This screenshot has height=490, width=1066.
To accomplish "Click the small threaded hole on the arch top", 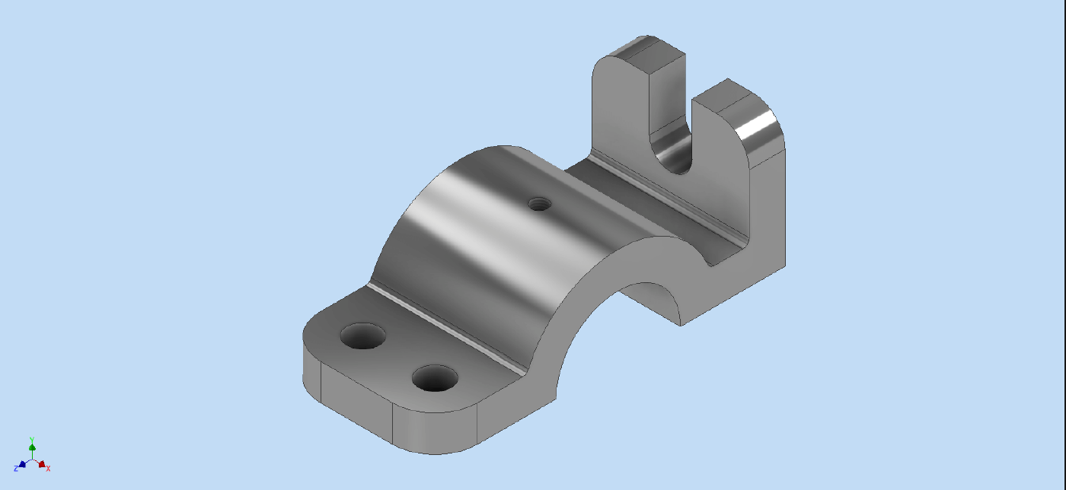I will click(x=540, y=203).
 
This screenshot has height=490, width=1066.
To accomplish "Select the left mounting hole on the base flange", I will click(x=363, y=336).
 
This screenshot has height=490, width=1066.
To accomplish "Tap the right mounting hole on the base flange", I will click(x=435, y=377).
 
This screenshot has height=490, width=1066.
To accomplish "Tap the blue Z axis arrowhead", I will click(x=23, y=463).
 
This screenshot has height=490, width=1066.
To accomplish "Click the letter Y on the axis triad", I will click(x=32, y=439).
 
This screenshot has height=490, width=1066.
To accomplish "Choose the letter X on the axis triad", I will click(x=49, y=468).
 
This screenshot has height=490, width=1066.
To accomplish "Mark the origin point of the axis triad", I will click(x=32, y=460).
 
